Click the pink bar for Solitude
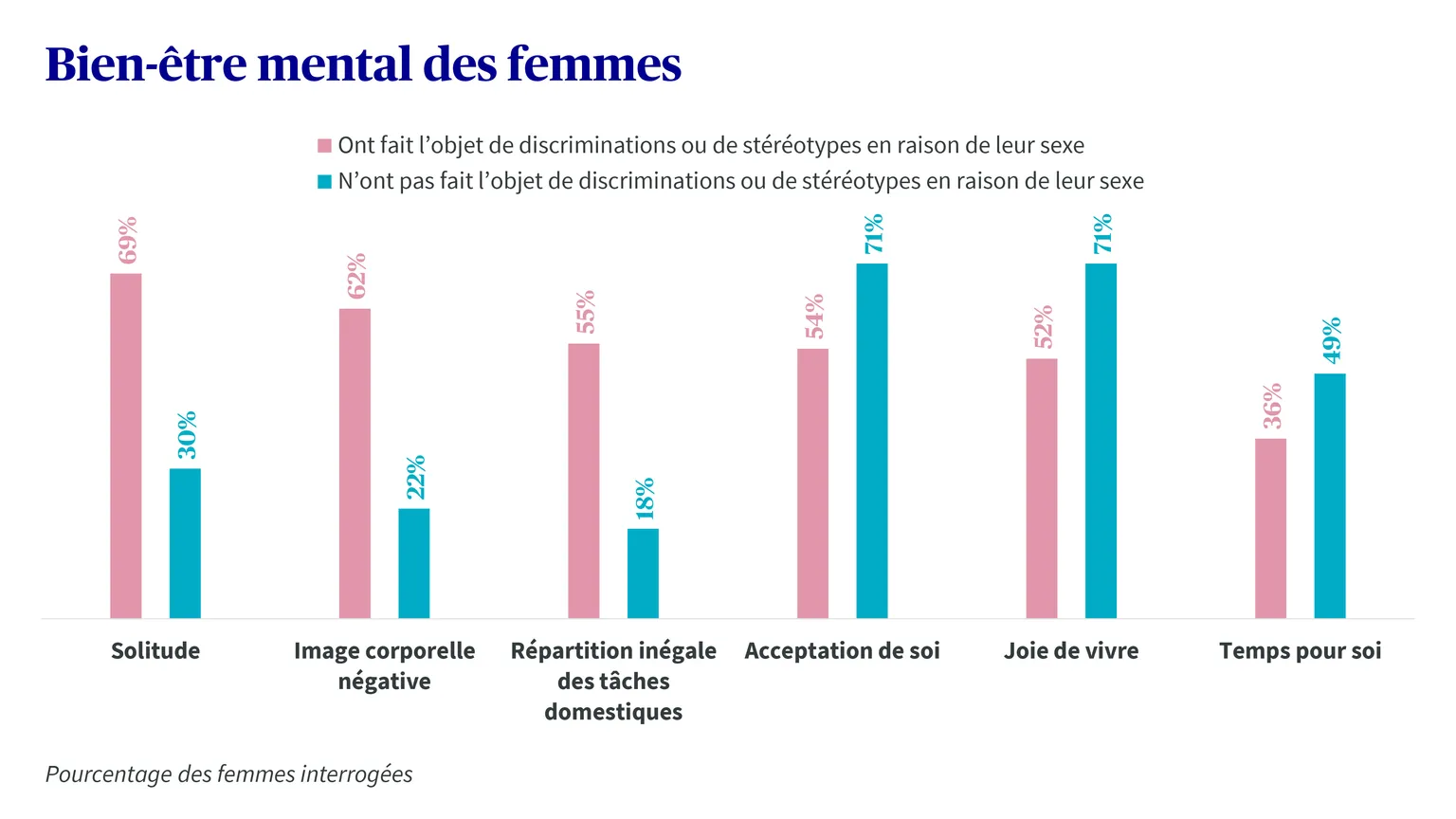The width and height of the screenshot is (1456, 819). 125,446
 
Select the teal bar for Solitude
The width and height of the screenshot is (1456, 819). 185,543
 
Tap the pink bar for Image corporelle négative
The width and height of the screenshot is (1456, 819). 355,464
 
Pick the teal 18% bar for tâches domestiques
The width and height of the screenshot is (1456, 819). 643,573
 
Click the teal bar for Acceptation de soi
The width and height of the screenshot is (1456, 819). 872,441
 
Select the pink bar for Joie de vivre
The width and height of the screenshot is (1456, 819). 1042,488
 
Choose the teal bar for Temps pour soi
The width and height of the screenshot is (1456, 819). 1330,496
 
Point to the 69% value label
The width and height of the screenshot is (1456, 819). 127,240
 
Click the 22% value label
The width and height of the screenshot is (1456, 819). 415,477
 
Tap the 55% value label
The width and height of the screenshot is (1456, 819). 585,312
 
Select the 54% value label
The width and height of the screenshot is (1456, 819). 814,317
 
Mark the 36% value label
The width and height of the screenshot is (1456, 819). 1272,407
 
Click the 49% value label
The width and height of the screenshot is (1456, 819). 1331,340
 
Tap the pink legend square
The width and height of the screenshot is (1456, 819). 324,146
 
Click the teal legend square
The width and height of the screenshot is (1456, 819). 324,181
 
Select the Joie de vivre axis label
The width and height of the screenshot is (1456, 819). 1071,650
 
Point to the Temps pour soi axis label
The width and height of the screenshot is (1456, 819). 1300,650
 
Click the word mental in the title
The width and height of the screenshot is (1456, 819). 335,64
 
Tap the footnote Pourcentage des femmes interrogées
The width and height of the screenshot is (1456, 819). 228,774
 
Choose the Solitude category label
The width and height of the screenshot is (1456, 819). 155,650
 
